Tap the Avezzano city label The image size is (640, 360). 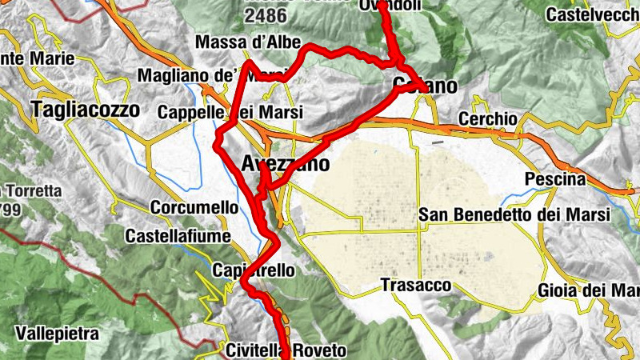[285, 165]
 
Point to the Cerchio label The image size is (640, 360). [488, 118]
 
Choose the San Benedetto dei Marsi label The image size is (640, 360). [514, 214]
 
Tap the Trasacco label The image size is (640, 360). [416, 285]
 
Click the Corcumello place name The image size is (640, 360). [194, 207]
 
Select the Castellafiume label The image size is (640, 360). [178, 237]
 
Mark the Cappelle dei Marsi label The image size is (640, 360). [230, 113]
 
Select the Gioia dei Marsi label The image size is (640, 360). [589, 290]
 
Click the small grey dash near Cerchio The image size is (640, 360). [437, 142]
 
